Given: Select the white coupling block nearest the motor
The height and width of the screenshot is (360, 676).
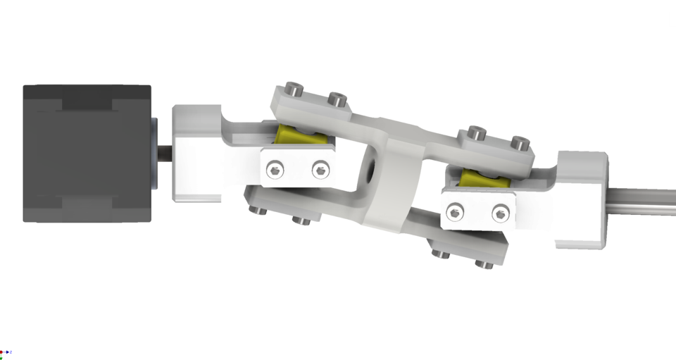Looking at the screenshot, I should (197, 154).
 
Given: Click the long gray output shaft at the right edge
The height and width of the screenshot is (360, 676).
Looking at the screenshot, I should (641, 200).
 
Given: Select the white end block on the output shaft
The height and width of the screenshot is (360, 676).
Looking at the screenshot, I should (581, 200).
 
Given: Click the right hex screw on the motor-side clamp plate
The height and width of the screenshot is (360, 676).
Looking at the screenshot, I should (320, 169).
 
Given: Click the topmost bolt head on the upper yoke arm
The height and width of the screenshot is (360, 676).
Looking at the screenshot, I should (294, 90).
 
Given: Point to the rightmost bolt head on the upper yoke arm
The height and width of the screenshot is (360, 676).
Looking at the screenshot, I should (520, 143).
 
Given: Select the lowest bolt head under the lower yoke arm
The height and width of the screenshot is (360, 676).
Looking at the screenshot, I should (483, 264).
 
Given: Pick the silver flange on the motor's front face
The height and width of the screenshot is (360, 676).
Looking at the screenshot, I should (154, 154).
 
